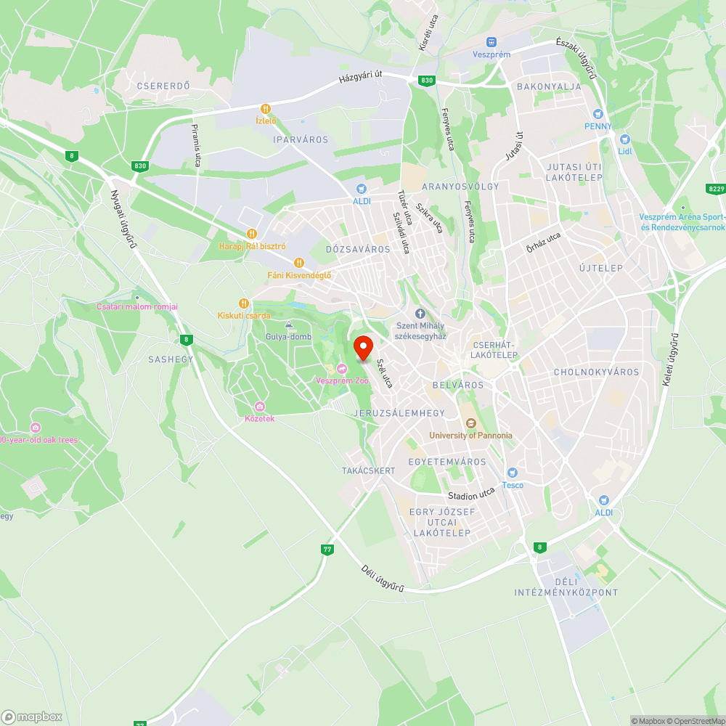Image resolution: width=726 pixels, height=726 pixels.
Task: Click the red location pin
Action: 362,348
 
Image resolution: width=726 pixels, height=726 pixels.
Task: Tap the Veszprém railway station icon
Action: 492,43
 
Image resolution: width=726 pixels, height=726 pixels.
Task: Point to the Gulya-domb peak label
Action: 288,336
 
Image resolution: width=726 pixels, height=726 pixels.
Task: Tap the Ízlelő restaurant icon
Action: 266,110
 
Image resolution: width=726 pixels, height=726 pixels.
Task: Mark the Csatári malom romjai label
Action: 137,306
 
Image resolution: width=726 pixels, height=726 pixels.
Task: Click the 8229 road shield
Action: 716,189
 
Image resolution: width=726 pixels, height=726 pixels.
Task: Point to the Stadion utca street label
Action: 471,494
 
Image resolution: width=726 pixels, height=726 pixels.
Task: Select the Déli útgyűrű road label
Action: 383,579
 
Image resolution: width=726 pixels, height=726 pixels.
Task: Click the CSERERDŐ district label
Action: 163,86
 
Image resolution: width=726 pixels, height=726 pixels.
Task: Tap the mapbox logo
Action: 32,717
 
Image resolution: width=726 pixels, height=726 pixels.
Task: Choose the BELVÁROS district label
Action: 457,385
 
